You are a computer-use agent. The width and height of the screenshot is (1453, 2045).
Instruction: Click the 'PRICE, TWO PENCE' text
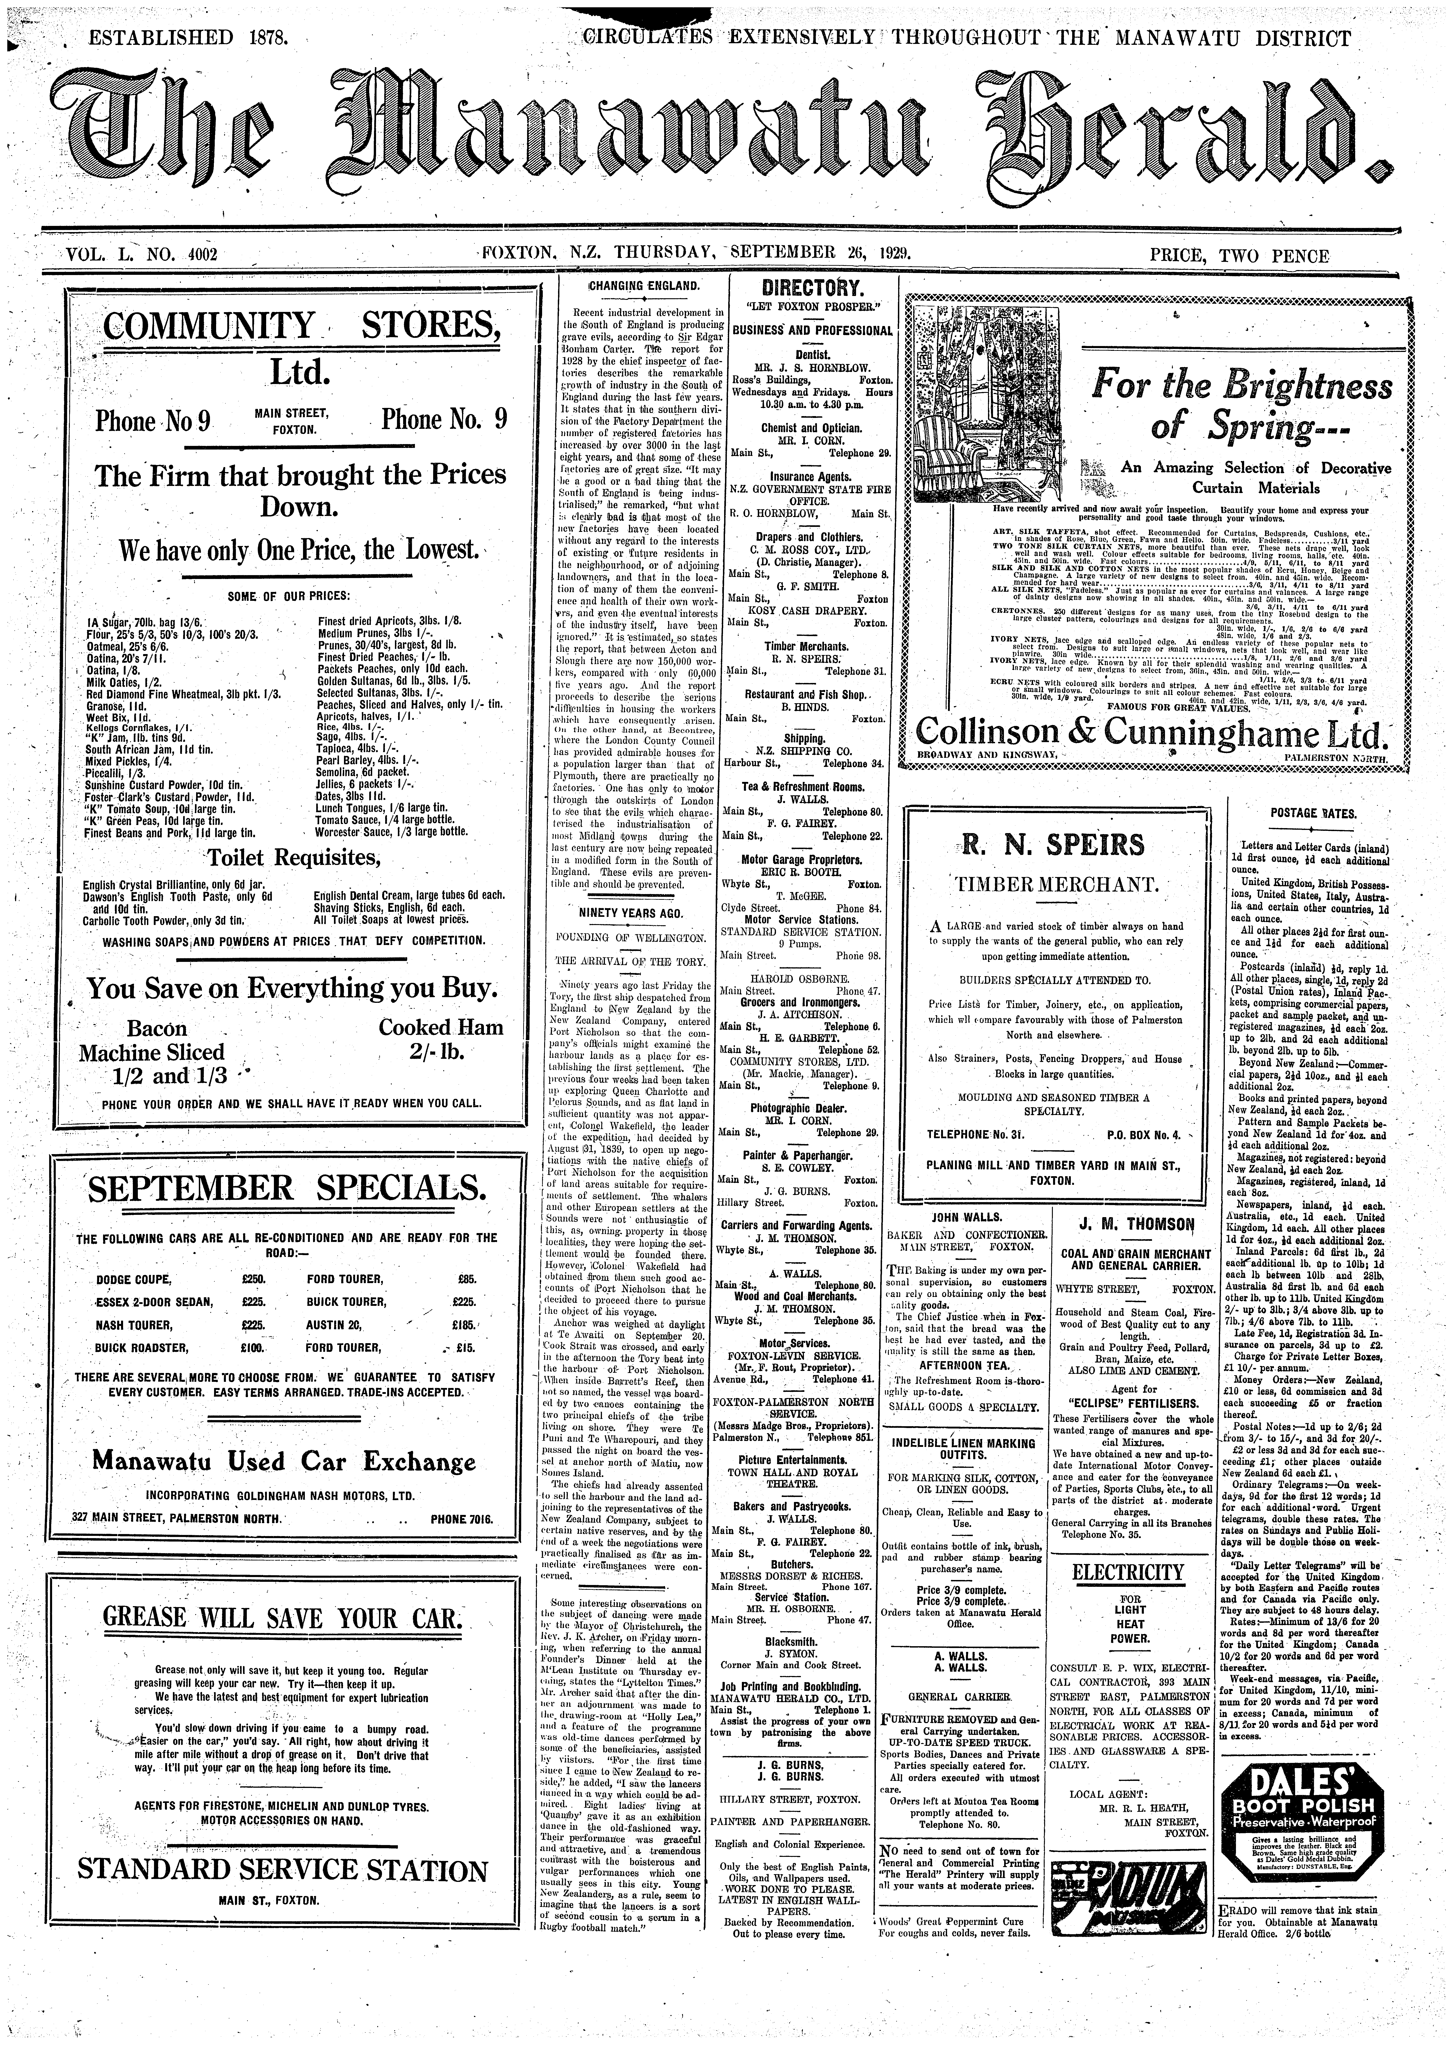click(x=1239, y=257)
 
